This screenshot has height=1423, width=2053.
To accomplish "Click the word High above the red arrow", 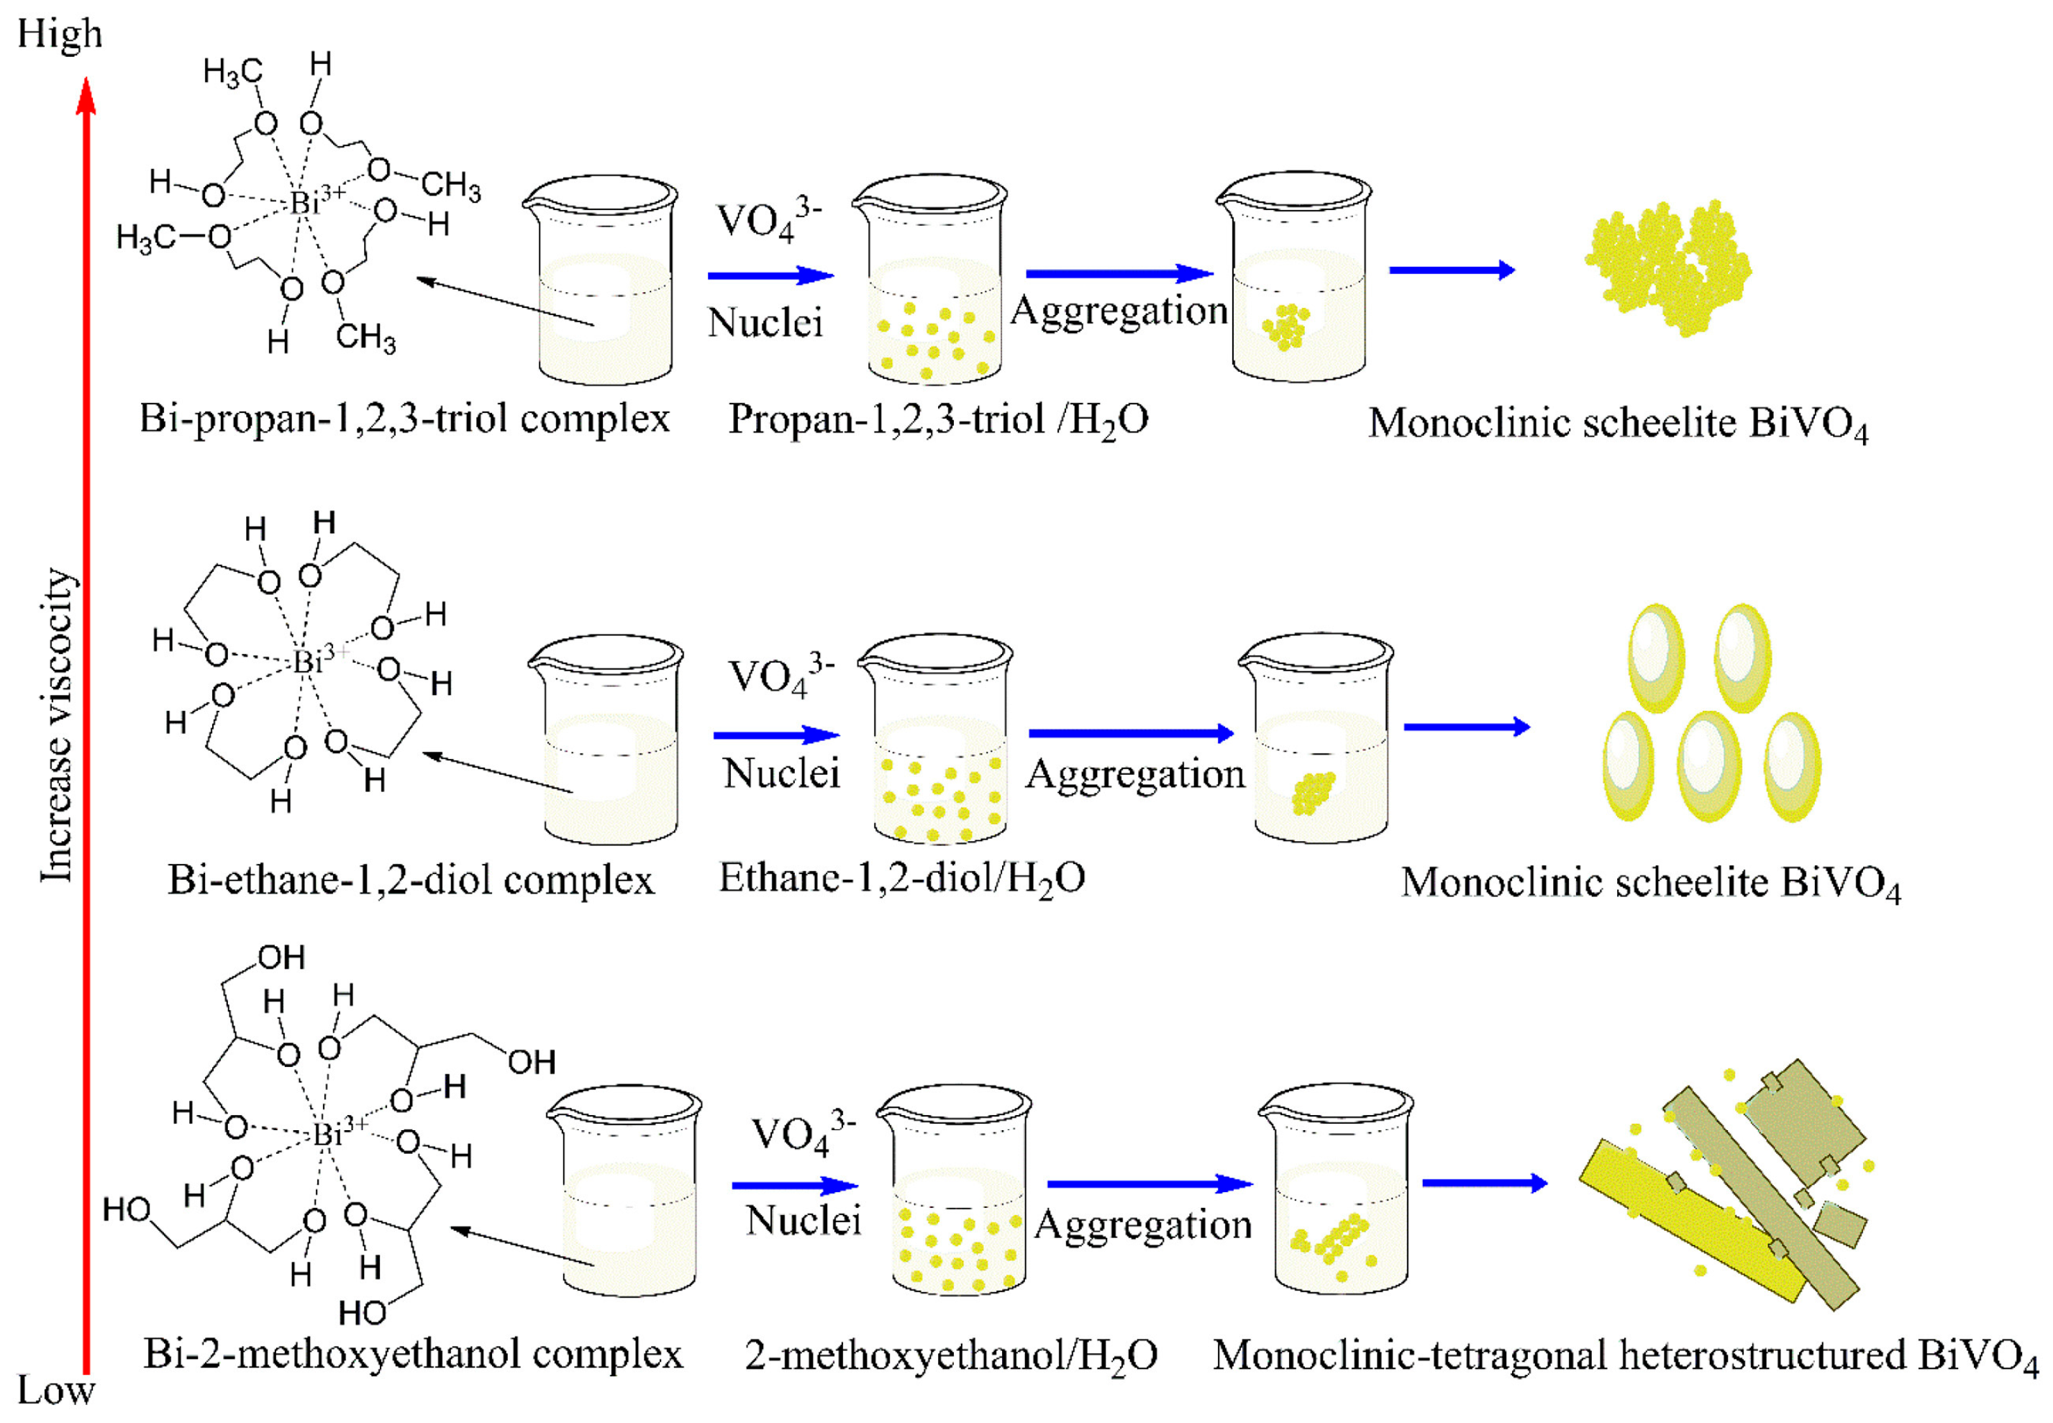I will click(60, 34).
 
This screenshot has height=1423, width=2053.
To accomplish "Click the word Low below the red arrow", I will click(55, 1390).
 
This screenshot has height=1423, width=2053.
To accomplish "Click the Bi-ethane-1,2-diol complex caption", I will click(411, 880).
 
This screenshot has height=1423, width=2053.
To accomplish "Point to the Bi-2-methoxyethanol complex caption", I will click(413, 1353).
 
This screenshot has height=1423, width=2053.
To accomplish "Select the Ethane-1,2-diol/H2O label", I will click(902, 879).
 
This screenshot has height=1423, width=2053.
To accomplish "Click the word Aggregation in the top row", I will click(1119, 310).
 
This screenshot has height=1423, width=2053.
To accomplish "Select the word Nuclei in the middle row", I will click(781, 772).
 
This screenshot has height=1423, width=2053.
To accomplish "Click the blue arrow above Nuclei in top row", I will click(770, 276).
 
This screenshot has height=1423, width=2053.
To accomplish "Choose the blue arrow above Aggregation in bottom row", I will click(1149, 1184).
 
